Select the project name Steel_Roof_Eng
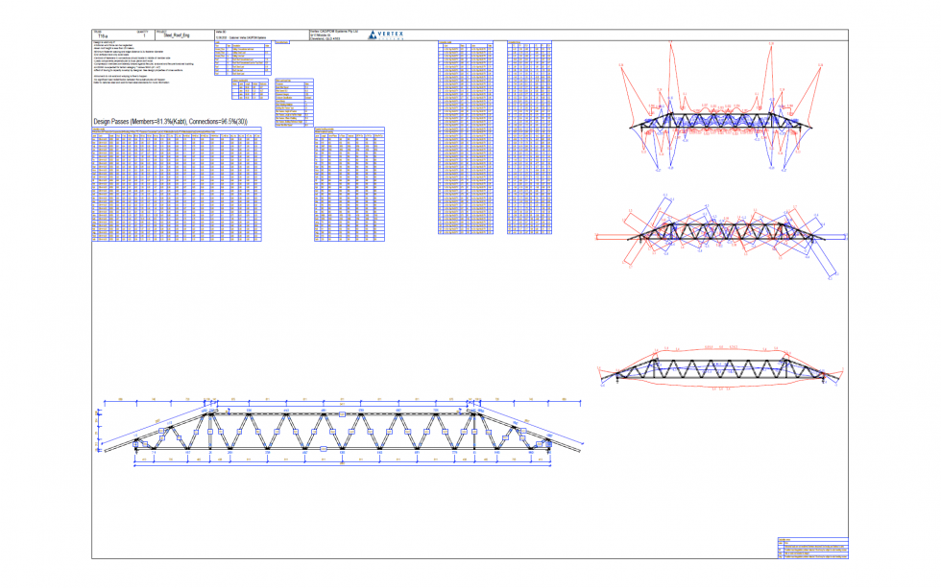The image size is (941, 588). pyautogui.click(x=181, y=35)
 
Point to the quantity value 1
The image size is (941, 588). pyautogui.click(x=145, y=35)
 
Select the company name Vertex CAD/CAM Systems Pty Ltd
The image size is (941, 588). pyautogui.click(x=334, y=31)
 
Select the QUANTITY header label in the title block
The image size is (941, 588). pyautogui.click(x=144, y=30)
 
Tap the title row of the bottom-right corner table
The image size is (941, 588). pyautogui.click(x=811, y=540)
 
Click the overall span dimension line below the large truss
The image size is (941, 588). pyautogui.click(x=341, y=470)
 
